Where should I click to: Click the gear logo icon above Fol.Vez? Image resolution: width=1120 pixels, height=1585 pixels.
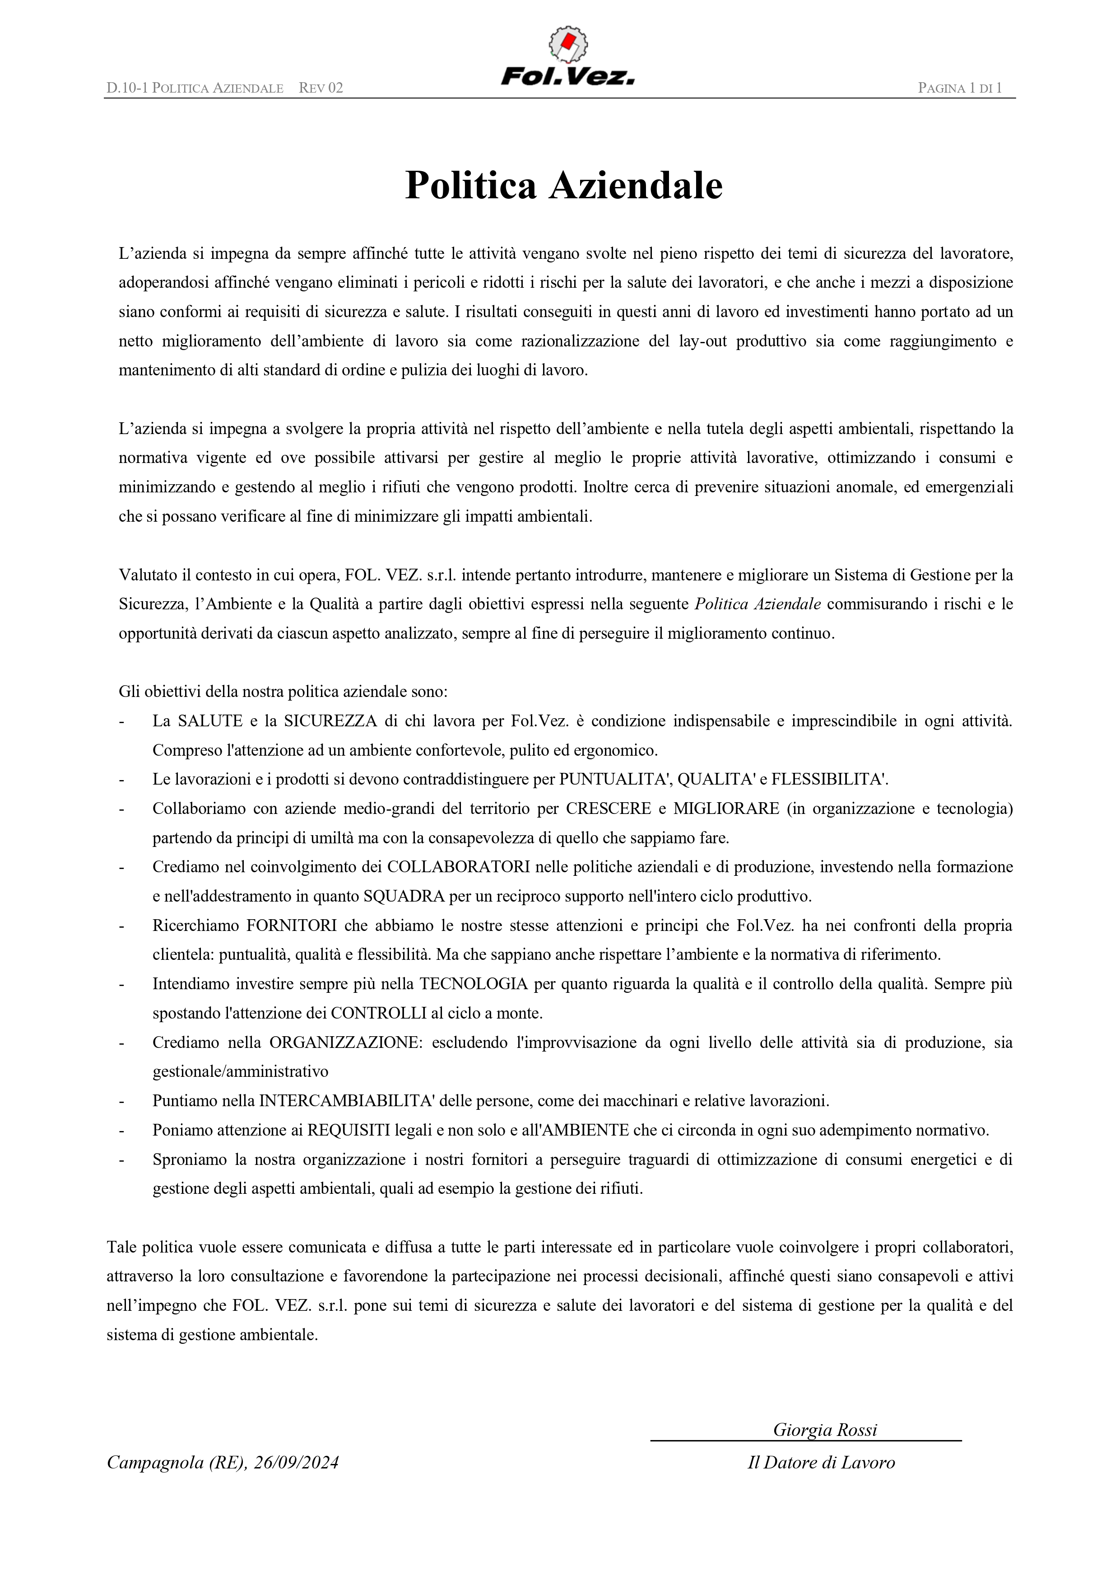coord(568,44)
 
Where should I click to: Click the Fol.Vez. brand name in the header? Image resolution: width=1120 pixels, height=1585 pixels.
coord(568,76)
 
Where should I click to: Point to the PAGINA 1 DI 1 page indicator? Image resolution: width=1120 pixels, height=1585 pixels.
coord(960,88)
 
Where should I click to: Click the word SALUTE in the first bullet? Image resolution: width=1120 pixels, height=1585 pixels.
coord(210,721)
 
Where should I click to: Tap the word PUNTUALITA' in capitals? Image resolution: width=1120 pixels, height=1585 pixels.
coord(614,779)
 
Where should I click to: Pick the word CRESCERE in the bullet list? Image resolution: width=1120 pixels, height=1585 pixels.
coord(609,809)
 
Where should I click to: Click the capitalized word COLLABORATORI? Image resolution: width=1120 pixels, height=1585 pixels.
coord(458,867)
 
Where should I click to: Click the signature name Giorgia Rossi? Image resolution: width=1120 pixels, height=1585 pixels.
coord(825,1429)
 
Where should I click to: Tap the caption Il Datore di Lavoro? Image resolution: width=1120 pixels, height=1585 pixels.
coord(821,1463)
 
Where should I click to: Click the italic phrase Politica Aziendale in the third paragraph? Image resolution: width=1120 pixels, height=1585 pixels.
coord(757,604)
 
